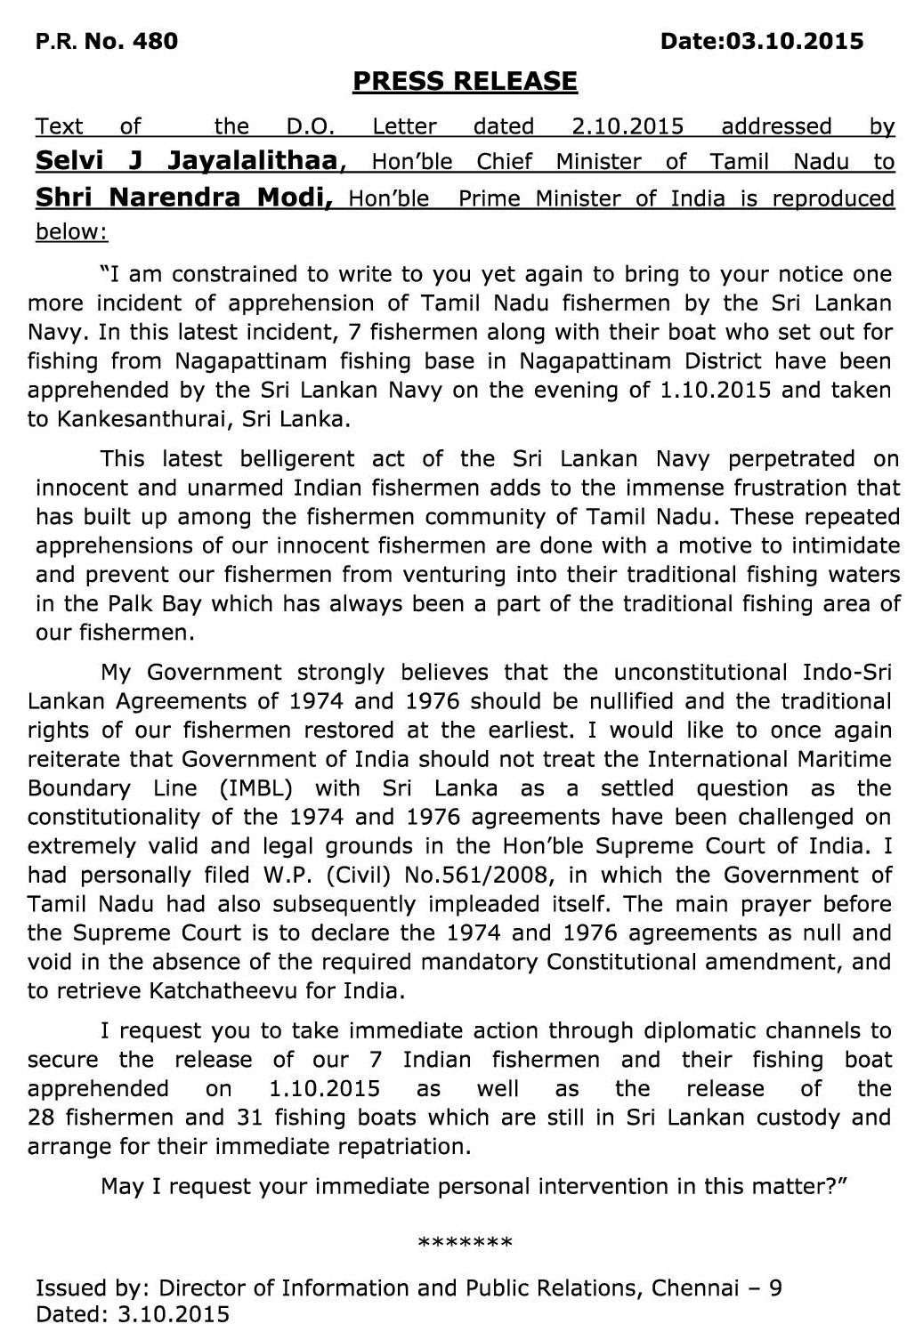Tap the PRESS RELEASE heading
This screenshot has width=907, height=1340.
pos(465,82)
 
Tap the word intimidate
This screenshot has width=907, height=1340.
pos(846,545)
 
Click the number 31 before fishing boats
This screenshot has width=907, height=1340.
pos(250,1117)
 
